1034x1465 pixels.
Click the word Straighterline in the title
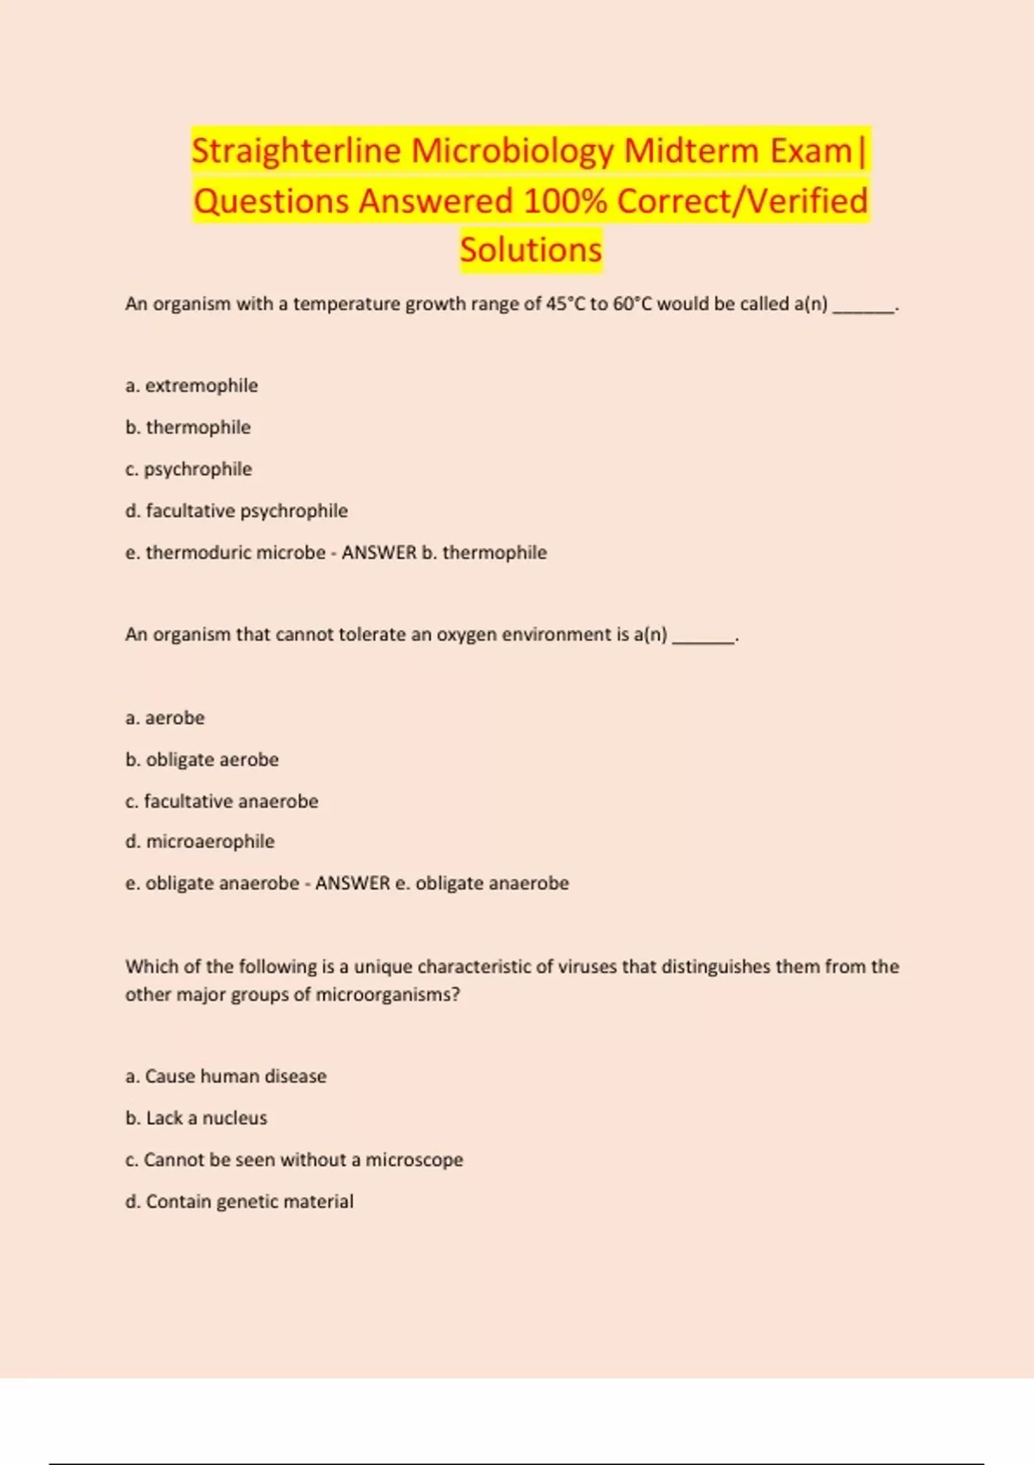(296, 151)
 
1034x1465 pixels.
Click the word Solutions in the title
(531, 250)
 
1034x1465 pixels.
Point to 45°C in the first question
(565, 303)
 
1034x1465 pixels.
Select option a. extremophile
(191, 385)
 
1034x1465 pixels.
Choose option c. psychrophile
(189, 469)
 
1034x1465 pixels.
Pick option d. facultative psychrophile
(236, 511)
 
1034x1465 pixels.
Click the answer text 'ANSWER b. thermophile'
(444, 552)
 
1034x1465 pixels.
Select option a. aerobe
(165, 718)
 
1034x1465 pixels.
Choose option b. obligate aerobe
(202, 759)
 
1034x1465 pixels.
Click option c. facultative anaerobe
(221, 801)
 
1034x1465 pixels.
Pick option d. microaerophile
(200, 841)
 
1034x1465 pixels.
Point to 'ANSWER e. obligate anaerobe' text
(441, 883)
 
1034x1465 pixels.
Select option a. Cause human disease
(226, 1076)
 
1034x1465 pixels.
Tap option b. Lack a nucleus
(196, 1118)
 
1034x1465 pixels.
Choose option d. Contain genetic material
(239, 1201)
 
